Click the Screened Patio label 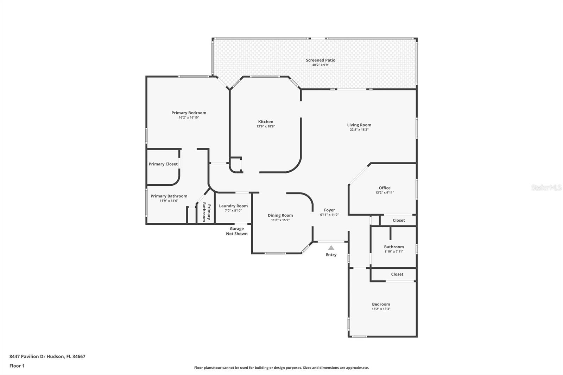(x=321, y=60)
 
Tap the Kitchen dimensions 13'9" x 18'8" (x=266, y=126)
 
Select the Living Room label (x=359, y=125)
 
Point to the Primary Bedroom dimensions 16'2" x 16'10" (x=189, y=117)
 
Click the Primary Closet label (x=163, y=164)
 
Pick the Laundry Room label (x=233, y=206)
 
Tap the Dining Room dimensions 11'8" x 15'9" (x=280, y=220)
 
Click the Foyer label (x=329, y=210)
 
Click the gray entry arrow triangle (x=331, y=248)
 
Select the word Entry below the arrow (x=331, y=255)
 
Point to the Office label (x=385, y=188)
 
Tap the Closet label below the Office (x=399, y=220)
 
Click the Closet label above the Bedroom (x=397, y=274)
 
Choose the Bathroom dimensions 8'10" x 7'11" (x=394, y=251)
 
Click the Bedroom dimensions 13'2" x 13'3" (x=381, y=309)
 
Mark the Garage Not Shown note (x=237, y=231)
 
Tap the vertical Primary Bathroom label (x=207, y=212)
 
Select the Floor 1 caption (x=17, y=366)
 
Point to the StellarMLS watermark (x=546, y=187)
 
